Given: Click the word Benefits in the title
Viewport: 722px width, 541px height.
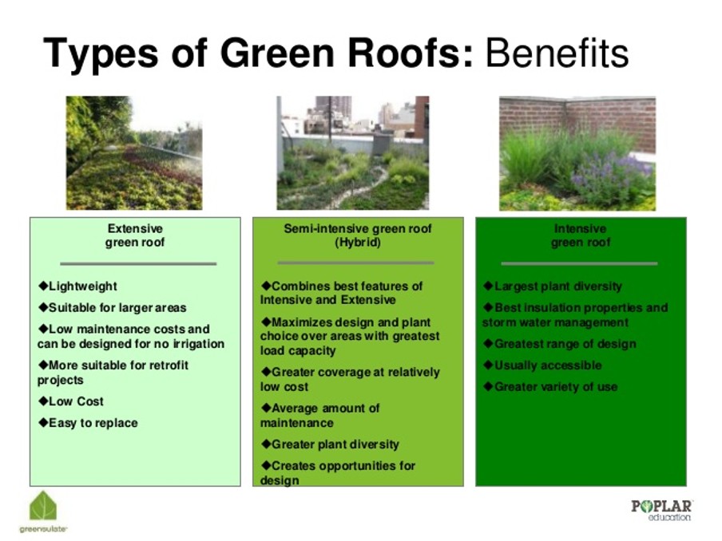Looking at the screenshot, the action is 557,53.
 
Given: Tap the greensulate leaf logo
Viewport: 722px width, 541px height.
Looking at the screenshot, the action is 43,507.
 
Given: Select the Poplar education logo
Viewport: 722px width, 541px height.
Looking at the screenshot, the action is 661,510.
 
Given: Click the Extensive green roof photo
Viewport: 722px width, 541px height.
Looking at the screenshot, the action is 134,152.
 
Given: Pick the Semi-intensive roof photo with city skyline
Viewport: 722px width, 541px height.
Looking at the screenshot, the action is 353,152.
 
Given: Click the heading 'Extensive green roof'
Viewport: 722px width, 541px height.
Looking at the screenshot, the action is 135,235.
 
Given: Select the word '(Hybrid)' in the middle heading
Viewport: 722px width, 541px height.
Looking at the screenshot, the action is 358,243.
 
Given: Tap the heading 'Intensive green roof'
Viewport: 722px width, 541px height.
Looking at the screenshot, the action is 581,235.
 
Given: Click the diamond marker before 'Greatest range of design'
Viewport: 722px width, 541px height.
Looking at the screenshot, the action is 488,343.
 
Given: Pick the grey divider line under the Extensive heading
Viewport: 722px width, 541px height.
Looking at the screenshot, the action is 138,263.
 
